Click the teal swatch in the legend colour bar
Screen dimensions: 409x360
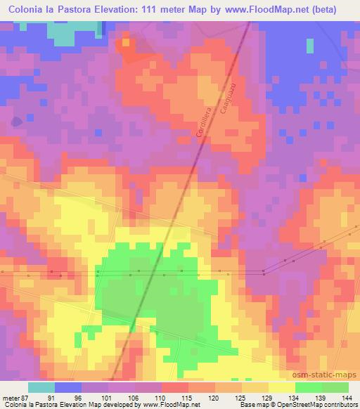(x=41, y=387)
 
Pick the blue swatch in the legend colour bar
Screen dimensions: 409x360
(x=68, y=387)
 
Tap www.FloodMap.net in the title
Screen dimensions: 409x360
(x=257, y=10)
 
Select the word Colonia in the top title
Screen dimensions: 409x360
(x=25, y=10)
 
